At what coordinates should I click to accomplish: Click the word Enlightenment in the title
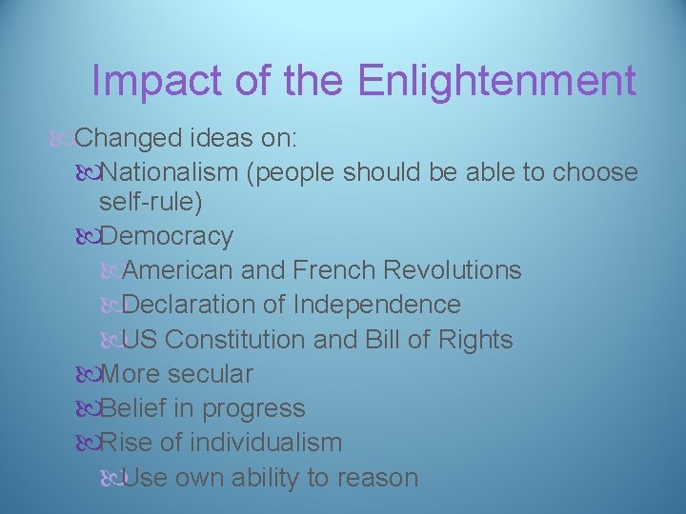coord(497,81)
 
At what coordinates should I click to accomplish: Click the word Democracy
coord(166,235)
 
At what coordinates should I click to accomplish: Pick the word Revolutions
coord(453,270)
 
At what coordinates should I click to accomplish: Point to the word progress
coord(253,408)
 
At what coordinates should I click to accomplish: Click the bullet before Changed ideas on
coord(65,139)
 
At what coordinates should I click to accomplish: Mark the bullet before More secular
coord(88,374)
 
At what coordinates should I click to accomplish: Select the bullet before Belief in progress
coord(88,408)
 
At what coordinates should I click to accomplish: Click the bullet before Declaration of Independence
coord(111,305)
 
